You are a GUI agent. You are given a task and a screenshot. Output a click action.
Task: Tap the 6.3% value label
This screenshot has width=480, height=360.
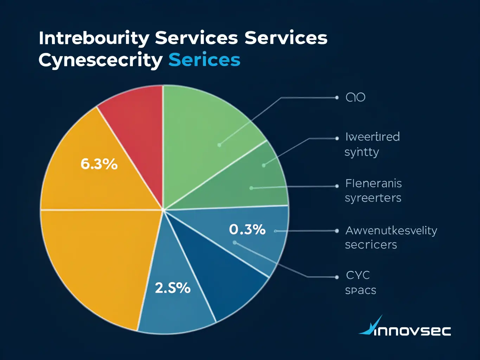(x=99, y=164)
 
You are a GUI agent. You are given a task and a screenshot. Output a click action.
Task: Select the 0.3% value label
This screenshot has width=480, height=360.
(x=247, y=230)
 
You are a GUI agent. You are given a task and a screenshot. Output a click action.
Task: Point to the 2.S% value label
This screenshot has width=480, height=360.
(x=173, y=288)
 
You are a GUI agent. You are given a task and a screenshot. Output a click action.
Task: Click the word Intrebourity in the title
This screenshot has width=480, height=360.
(x=94, y=38)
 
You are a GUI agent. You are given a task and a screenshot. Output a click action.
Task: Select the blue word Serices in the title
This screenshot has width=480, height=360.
(x=204, y=60)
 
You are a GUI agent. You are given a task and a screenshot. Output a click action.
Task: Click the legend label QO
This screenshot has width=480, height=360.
(x=356, y=97)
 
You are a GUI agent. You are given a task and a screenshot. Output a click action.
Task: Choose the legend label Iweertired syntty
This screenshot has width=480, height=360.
(x=372, y=144)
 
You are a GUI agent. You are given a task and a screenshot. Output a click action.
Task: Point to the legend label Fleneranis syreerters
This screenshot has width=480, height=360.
(x=373, y=191)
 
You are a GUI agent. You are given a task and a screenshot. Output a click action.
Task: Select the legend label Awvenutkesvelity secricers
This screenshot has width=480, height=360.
(x=391, y=237)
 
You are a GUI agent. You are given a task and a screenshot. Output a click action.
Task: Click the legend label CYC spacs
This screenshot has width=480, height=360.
(x=360, y=283)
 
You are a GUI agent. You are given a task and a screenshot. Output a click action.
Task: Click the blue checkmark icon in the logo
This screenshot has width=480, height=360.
(x=371, y=326)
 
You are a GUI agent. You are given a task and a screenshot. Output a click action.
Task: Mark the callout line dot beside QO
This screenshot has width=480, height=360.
(x=337, y=97)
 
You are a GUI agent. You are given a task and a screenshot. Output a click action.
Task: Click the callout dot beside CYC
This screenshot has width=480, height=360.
(x=337, y=277)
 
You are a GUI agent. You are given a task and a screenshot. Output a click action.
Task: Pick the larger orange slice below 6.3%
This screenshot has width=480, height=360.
(x=95, y=260)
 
